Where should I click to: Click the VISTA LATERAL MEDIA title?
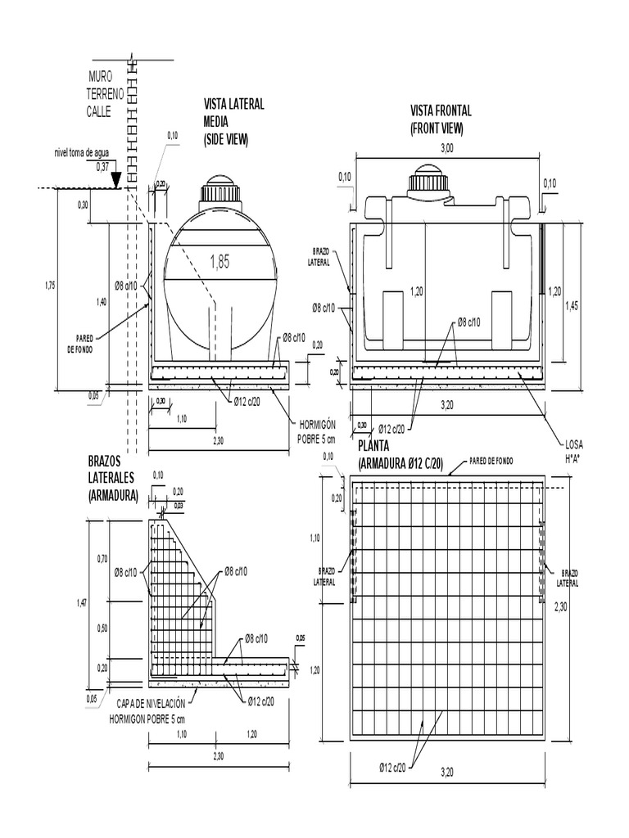coord(233,121)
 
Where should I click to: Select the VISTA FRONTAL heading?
coord(441,119)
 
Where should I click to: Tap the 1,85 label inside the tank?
coord(220,263)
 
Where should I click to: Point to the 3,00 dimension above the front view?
coord(447,148)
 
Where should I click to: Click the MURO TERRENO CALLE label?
coord(105,94)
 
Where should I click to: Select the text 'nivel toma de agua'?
coord(84,152)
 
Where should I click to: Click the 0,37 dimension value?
coord(102,166)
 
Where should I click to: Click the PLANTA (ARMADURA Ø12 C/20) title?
coord(401,455)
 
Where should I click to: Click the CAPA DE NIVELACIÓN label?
coord(156,703)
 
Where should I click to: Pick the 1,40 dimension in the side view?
coord(102,302)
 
